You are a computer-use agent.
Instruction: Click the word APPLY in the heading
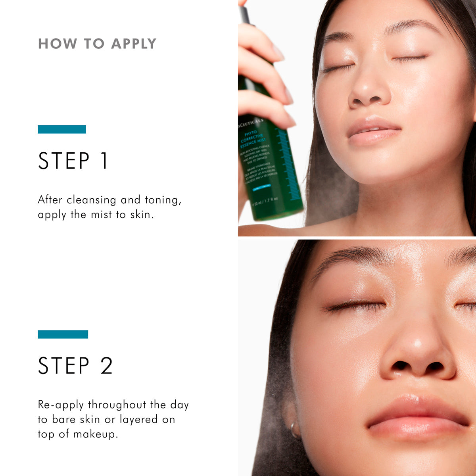(134, 44)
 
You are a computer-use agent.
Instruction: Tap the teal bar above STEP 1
(62, 129)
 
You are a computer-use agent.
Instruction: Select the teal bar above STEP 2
(63, 334)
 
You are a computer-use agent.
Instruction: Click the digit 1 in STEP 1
(104, 161)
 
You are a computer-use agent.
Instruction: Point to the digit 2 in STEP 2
(106, 366)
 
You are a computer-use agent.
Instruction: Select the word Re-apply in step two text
(61, 405)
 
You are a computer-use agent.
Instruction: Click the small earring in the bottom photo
(294, 430)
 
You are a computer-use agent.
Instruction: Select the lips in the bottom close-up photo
(418, 416)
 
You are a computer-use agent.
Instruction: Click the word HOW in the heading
(58, 44)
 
